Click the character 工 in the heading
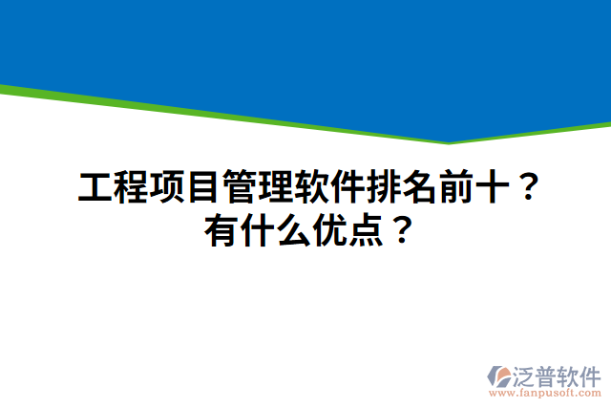[x=95, y=187]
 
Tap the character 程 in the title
[x=131, y=187]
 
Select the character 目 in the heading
[x=203, y=187]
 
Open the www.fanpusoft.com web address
[x=544, y=392]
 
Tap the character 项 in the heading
[x=167, y=187]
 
